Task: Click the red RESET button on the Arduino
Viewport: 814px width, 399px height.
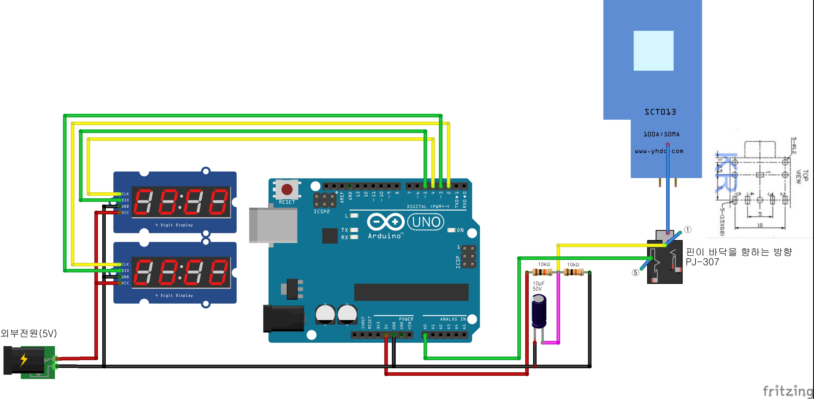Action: point(287,190)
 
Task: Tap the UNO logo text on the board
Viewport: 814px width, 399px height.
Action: point(426,222)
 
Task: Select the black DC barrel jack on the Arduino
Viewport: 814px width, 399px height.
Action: point(283,319)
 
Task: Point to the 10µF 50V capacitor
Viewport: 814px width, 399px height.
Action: point(539,311)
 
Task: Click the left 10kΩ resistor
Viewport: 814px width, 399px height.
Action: point(542,272)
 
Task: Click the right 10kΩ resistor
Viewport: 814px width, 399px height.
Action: point(573,272)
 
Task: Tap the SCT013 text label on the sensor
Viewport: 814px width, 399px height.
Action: point(660,112)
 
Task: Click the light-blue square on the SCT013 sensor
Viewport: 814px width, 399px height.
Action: point(653,51)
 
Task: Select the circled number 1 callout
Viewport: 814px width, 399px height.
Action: point(688,229)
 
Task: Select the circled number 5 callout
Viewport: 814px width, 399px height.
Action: point(635,273)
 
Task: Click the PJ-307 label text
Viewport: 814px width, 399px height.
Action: point(702,262)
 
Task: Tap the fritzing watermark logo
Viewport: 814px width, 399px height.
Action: point(788,391)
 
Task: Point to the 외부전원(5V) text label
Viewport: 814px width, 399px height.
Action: point(28,333)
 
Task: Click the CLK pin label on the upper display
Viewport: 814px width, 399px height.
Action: point(125,194)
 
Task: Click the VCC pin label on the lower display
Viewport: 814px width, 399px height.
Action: point(125,283)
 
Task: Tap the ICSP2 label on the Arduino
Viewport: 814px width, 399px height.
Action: point(321,212)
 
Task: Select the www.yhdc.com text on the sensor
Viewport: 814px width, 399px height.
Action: point(659,151)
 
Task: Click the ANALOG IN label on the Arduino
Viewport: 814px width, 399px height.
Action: point(453,319)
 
